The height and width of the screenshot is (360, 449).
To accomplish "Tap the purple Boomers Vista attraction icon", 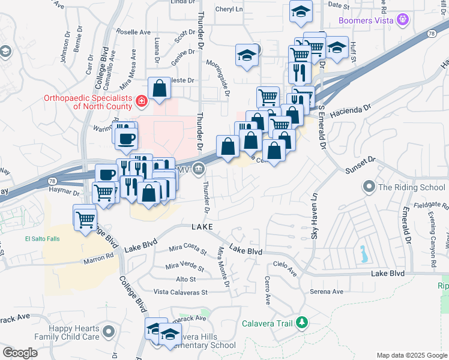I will pos(403,19).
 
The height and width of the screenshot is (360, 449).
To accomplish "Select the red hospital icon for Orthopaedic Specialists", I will pos(141,101).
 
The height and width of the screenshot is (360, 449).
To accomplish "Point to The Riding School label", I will pos(412,187).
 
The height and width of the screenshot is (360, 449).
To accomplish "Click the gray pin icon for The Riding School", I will pos(369,187).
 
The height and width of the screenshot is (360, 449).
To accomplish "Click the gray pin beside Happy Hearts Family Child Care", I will pos(109,331).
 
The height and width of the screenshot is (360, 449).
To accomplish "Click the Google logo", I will pos(20,353).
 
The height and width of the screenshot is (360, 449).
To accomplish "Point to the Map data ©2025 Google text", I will pos(411,355).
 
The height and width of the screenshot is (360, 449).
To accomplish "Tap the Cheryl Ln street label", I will pos(229,10).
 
